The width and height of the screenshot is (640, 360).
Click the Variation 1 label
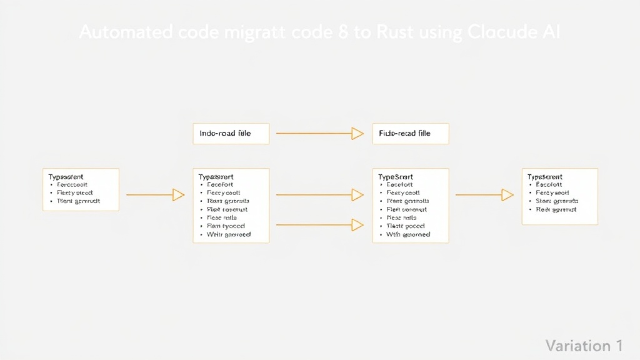click(x=584, y=346)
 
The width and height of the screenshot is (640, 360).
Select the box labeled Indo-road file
click(x=231, y=134)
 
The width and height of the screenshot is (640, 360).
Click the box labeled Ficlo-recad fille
click(x=410, y=134)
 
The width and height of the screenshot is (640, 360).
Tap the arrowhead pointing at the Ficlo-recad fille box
click(x=357, y=133)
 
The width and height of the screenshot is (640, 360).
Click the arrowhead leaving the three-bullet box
click(x=178, y=195)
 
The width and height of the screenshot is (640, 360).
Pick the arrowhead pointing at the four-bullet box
click(x=507, y=195)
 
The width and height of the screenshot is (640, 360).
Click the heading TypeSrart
click(x=396, y=177)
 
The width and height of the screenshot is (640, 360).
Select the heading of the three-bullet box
click(x=66, y=177)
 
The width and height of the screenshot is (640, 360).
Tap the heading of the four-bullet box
click(x=545, y=177)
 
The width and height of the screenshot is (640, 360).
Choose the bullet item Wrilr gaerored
click(x=228, y=235)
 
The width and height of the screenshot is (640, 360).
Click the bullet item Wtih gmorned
click(x=408, y=235)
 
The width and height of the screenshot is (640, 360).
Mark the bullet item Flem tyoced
click(x=226, y=226)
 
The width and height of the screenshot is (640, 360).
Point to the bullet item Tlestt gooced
click(x=406, y=226)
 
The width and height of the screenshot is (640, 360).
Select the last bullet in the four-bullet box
click(x=556, y=210)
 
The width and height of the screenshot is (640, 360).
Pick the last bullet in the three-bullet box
click(x=78, y=201)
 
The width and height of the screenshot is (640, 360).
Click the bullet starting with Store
click(x=557, y=201)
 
